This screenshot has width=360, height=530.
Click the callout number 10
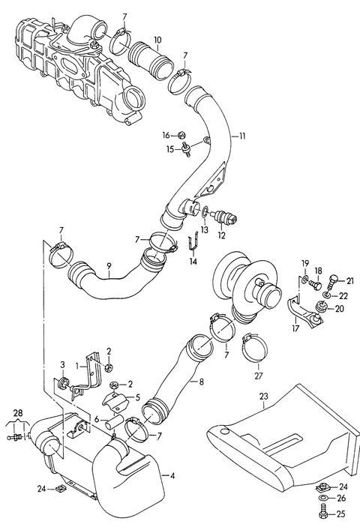point(157,40)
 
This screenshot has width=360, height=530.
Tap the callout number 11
point(242,136)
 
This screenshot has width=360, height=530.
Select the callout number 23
point(264,396)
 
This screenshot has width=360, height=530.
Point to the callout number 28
point(18,412)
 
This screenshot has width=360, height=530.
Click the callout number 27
point(259,376)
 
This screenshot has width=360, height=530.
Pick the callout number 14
point(193,262)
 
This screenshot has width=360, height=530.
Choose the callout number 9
point(109,266)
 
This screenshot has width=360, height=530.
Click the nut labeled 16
point(181,136)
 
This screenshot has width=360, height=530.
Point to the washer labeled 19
point(305,279)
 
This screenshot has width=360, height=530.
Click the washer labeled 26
point(322,499)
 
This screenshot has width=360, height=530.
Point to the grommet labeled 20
point(320,307)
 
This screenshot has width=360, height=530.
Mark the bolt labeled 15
point(185,148)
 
